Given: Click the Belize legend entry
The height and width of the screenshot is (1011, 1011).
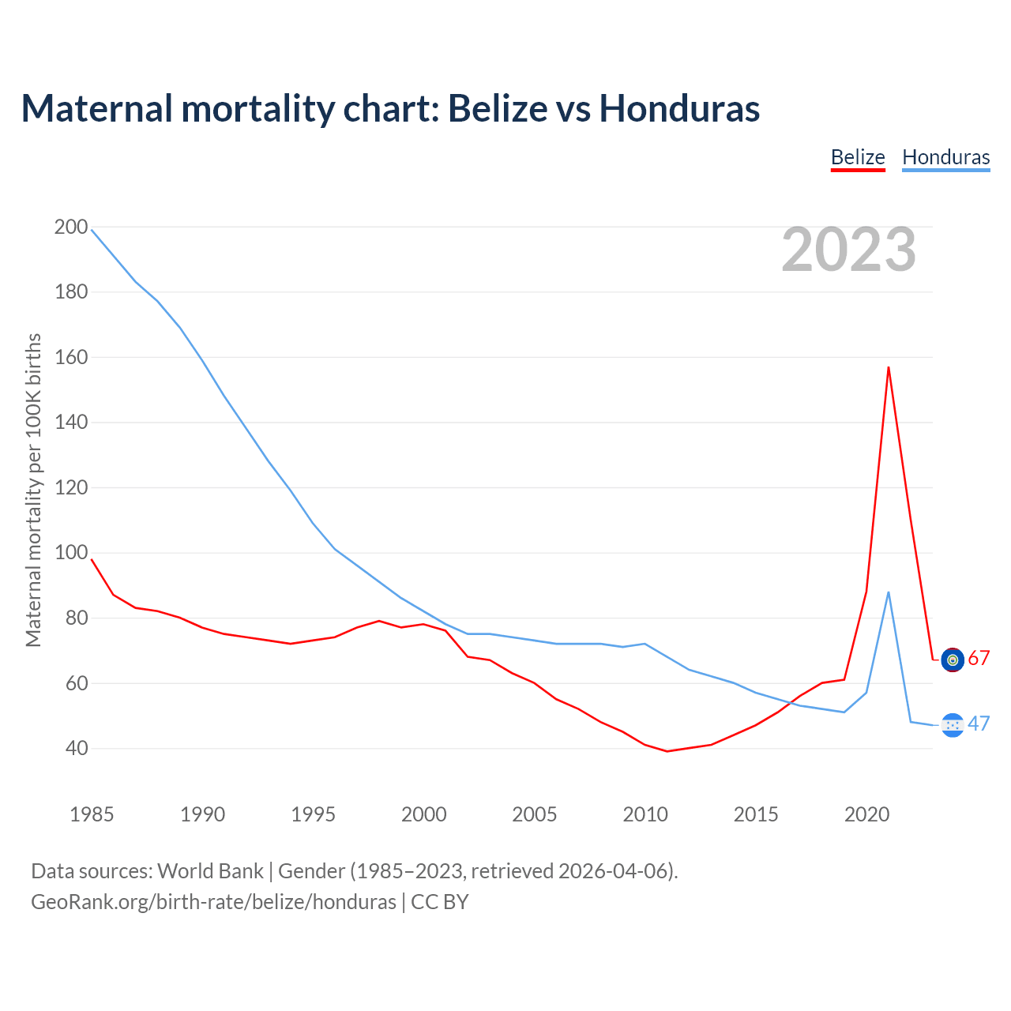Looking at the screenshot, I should tap(858, 157).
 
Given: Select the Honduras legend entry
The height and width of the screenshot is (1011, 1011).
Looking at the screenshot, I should tap(945, 157).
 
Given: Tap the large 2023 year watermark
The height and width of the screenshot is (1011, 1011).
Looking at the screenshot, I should tap(848, 250).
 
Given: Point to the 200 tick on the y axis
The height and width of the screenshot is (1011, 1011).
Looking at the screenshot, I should tap(71, 227).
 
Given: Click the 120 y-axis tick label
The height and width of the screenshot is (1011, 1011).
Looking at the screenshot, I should tap(71, 488).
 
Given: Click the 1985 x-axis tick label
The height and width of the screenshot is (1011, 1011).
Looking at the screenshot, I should tap(92, 814).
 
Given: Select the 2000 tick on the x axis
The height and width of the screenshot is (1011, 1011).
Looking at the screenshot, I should tap(424, 814).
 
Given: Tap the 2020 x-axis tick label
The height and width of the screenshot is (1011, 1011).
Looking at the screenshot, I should tap(866, 814).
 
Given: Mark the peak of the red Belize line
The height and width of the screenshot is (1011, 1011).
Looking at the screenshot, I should tap(889, 367).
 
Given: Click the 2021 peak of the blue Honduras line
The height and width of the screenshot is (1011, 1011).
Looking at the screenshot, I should tap(889, 592).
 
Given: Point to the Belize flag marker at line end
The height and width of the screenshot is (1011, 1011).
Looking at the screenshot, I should tap(953, 659).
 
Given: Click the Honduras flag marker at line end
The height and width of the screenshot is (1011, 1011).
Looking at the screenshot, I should tap(953, 725).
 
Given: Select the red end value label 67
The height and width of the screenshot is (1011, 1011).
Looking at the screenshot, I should tap(979, 659).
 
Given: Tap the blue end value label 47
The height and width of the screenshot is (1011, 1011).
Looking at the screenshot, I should tap(979, 724).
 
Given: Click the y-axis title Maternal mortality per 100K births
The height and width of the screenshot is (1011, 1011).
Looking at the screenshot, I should tap(33, 490).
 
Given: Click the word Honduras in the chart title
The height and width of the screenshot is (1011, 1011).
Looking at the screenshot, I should tap(679, 109).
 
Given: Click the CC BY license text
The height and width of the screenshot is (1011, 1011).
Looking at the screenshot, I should tap(440, 902).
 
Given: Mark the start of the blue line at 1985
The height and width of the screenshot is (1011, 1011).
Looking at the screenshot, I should tap(92, 230).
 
